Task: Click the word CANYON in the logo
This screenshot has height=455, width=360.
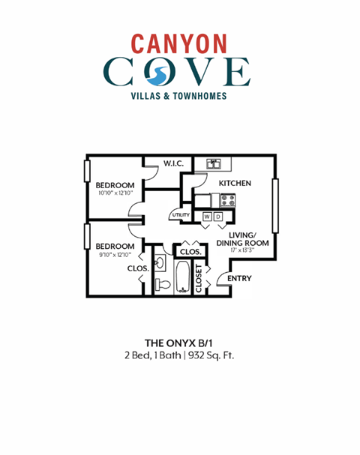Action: coord(179,43)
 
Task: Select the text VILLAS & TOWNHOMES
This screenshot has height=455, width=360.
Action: coord(179,96)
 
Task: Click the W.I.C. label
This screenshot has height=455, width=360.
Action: coord(175,164)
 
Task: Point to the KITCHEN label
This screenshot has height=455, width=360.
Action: coord(234,183)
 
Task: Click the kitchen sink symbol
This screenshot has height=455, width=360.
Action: coord(213,163)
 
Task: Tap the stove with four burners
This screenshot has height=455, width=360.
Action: coord(228,199)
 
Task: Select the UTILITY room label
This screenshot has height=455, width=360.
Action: coord(181,215)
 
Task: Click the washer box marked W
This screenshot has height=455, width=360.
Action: coord(207,217)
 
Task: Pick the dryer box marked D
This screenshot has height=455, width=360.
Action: coord(219,217)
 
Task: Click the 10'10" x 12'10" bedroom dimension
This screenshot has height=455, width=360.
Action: coord(115,193)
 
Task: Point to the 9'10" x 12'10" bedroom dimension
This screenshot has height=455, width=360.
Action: coord(115,254)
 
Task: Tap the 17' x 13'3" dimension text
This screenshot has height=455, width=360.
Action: coord(242,250)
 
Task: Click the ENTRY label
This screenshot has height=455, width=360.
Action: coord(238,279)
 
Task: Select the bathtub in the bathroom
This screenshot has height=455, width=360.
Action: coord(184,278)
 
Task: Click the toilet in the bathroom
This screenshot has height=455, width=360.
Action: coord(161,283)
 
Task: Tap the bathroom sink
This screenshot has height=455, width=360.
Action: coord(160,262)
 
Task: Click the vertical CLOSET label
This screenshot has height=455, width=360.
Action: coord(199,278)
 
